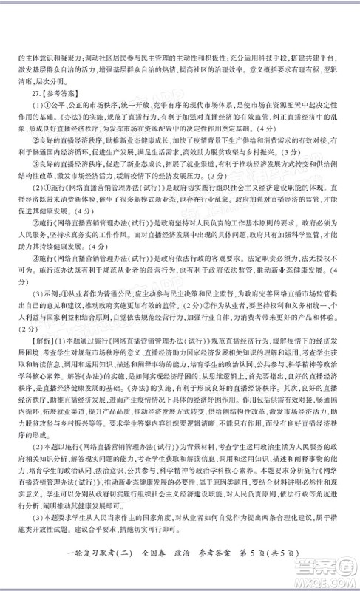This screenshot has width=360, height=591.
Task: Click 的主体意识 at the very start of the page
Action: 29,56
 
